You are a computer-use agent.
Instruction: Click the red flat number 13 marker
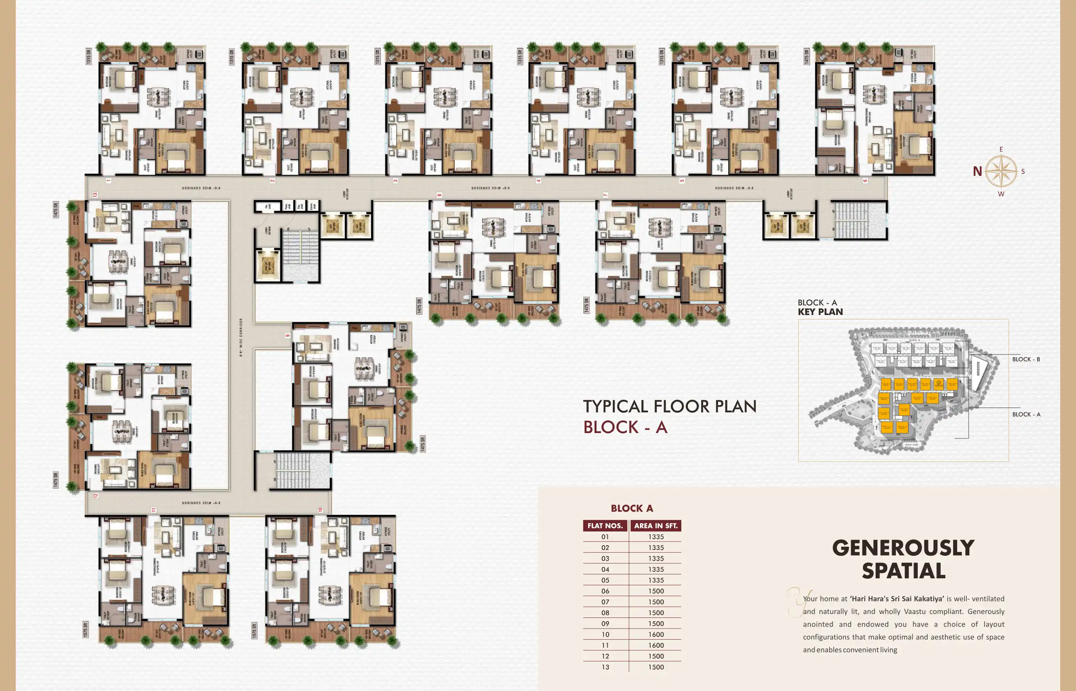pos(95,195)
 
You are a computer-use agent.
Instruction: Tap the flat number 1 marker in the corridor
pos(108,181)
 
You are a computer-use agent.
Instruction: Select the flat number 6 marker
pos(865,181)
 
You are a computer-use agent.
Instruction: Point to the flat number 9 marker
pos(287,336)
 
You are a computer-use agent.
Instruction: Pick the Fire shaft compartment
pos(266,207)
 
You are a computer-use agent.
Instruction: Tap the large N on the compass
pos(977,171)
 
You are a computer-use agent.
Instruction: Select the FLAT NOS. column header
pos(605,526)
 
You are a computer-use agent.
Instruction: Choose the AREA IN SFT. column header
pos(656,526)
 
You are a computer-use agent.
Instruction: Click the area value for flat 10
pos(656,634)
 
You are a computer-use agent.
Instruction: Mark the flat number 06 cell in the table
pos(605,591)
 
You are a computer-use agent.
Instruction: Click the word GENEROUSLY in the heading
pos(903,548)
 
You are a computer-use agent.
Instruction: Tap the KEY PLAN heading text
pos(820,312)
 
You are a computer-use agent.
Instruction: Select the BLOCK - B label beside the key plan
pos(1026,359)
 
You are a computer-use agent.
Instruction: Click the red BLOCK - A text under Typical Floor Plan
pos(625,427)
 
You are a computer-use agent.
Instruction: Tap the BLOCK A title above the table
pos(631,508)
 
